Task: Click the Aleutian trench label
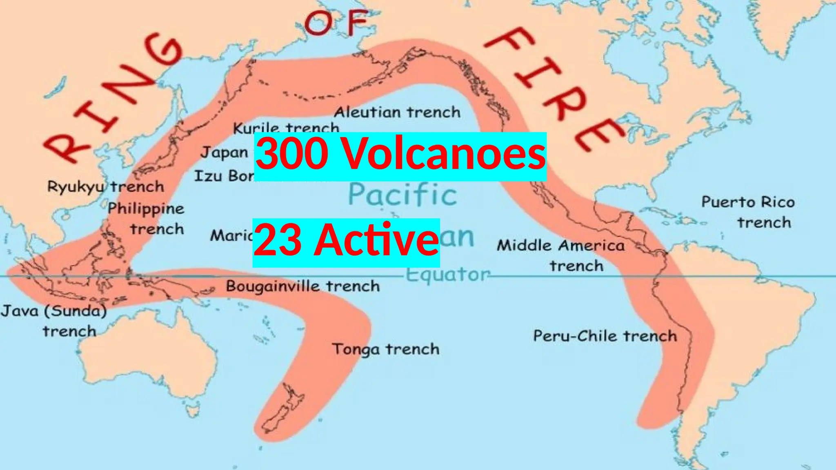[x=397, y=112]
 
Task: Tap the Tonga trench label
[x=386, y=349]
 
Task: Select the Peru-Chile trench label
[x=605, y=336]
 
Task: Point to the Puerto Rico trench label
[x=748, y=212]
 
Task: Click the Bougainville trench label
[x=302, y=286]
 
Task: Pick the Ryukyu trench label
[x=105, y=187]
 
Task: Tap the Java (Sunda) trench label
[x=54, y=321]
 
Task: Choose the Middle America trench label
[x=561, y=255]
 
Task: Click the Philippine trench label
[x=146, y=219]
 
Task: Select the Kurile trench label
[x=286, y=128]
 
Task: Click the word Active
[x=376, y=241]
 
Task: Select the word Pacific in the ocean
[x=402, y=195]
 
